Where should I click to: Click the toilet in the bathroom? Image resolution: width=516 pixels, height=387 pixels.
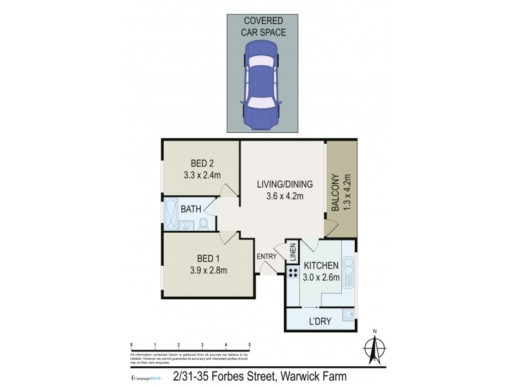point(203,224)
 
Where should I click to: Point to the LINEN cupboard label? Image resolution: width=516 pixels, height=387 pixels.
point(292,251)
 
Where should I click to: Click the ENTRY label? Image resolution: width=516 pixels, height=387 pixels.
point(266,256)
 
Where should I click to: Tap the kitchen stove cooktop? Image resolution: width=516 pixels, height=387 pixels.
point(287,272)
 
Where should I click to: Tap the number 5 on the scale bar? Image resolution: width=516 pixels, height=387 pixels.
point(249,344)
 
